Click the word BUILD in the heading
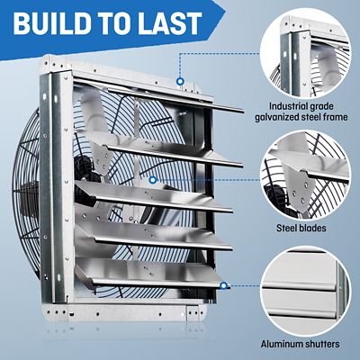pos(54,22)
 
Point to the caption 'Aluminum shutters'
pos(300,343)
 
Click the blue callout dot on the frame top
pos(181,81)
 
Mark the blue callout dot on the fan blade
pos(153,180)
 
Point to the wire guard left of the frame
pos(25,198)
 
